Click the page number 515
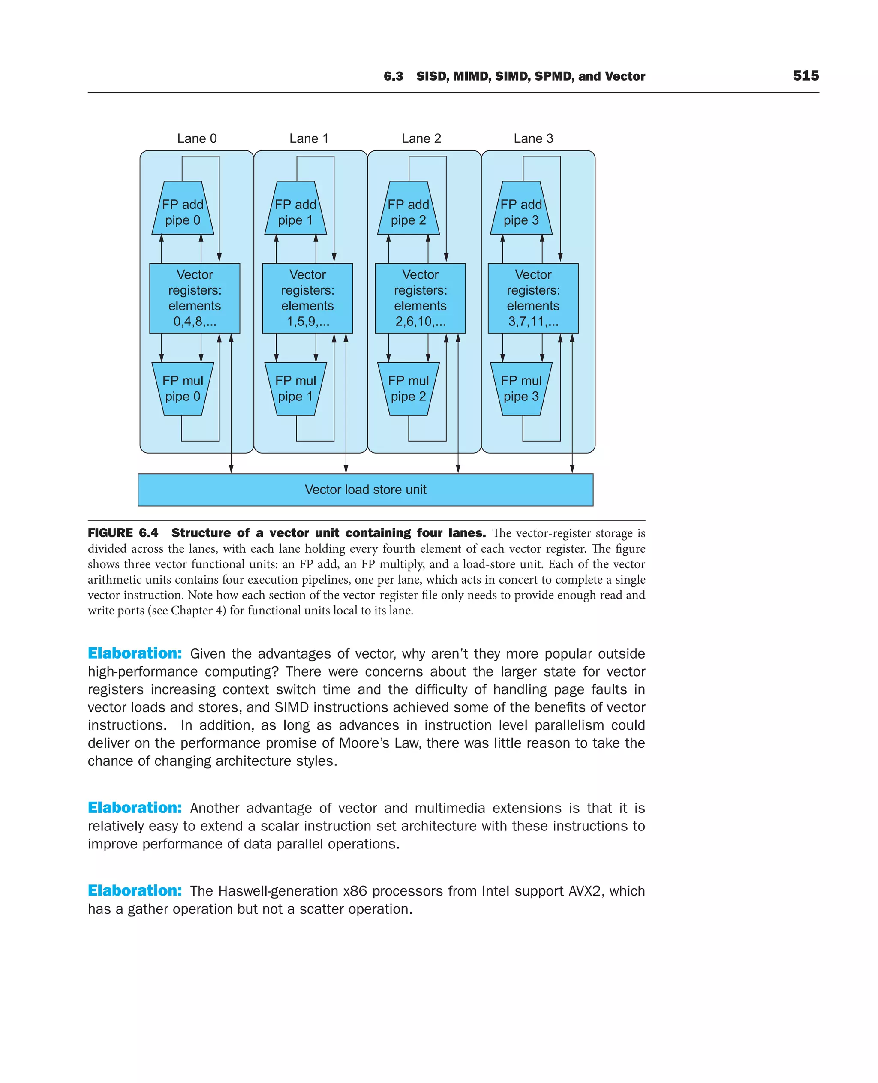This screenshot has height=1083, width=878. click(806, 76)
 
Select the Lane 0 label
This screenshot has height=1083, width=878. click(197, 138)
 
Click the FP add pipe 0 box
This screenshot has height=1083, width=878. click(183, 211)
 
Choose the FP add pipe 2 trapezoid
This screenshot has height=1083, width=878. click(408, 211)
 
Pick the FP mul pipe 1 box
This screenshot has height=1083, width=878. click(295, 388)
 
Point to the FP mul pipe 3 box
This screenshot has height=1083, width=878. click(521, 388)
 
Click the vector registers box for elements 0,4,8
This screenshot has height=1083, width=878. click(195, 298)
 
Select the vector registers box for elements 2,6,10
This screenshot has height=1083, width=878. click(420, 298)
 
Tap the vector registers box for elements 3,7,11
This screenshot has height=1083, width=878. click(533, 298)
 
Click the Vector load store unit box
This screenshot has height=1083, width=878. click(365, 490)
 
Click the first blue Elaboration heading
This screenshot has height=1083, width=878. click(135, 653)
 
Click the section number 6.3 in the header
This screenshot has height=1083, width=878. click(393, 76)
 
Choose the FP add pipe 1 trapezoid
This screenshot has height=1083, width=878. click(295, 211)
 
